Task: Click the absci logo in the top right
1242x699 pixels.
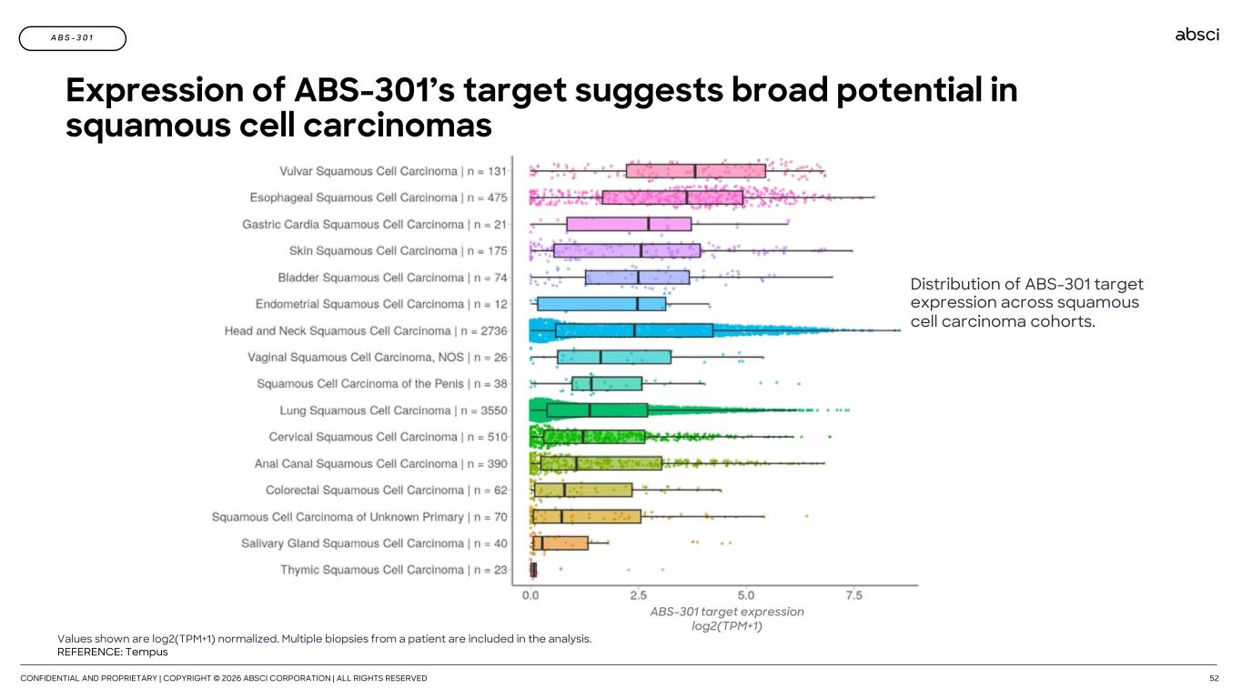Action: [x=1197, y=35]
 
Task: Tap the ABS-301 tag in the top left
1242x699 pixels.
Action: [x=72, y=38]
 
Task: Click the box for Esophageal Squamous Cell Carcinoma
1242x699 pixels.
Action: [x=672, y=198]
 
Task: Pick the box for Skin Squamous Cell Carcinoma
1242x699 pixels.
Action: [x=627, y=250]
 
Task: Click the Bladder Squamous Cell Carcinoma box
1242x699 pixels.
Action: [x=637, y=278]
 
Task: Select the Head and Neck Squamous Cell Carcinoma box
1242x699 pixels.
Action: [x=634, y=330]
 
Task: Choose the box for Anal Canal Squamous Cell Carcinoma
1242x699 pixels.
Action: [x=601, y=463]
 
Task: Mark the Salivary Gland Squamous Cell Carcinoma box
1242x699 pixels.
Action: [x=560, y=543]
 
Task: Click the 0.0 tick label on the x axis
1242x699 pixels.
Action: [x=530, y=596]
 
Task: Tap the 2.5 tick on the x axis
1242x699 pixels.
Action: [x=638, y=596]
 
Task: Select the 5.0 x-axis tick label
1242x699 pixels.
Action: [x=746, y=596]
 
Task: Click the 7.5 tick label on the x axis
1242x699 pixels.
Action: [x=853, y=596]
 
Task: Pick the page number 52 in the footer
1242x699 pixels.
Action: [x=1214, y=678]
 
